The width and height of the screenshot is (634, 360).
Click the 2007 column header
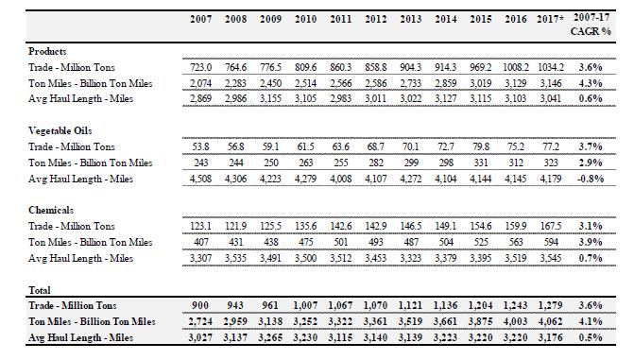point(201,19)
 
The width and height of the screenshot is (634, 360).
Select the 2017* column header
point(550,19)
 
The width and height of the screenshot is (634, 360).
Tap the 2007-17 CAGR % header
point(591,25)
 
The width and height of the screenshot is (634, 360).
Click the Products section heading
point(47,51)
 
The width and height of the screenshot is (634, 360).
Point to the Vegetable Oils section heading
point(60,130)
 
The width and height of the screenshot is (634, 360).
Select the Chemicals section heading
point(51,210)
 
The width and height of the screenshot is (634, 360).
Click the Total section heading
point(40,290)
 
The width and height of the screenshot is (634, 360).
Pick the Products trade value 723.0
point(201,67)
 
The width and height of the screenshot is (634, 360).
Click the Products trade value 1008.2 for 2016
point(515,67)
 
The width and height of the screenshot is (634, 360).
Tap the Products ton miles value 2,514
point(306,83)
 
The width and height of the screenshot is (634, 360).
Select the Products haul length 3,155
point(270,98)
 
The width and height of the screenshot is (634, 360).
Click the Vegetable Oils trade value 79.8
point(481,146)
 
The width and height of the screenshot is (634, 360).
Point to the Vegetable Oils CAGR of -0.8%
point(591,179)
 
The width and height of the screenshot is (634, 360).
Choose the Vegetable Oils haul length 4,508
point(201,179)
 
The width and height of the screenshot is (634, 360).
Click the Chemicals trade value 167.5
point(551,226)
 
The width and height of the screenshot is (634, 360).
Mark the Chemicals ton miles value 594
point(551,242)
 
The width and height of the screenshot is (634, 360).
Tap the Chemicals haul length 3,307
point(201,258)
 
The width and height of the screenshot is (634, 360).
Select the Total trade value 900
point(200,305)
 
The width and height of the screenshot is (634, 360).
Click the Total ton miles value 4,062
point(551,321)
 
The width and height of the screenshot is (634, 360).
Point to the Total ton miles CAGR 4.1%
point(591,321)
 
